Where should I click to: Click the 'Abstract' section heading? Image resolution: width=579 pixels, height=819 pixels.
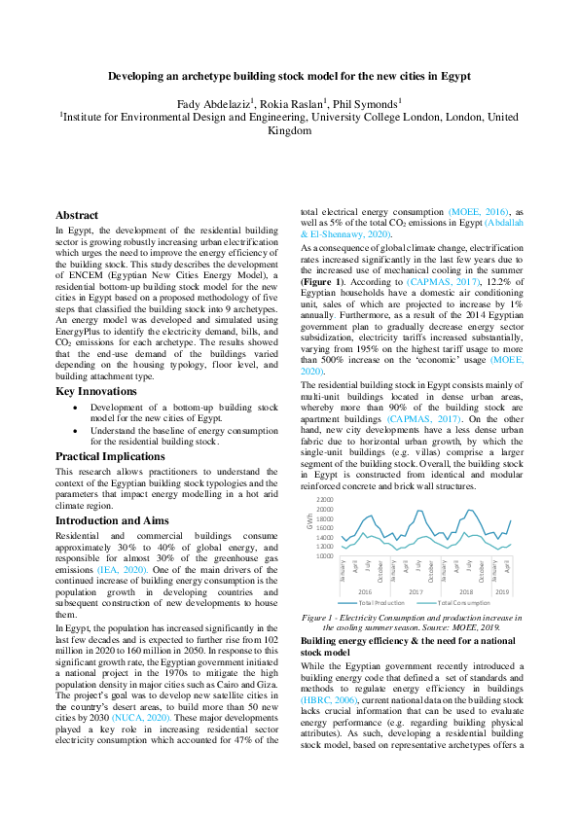77,215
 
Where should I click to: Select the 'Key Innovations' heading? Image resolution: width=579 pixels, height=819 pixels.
96,392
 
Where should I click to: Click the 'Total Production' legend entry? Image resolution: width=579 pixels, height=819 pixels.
380,602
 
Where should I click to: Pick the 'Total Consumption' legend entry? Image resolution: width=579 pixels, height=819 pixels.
457,602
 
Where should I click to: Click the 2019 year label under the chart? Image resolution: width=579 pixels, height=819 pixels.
503,591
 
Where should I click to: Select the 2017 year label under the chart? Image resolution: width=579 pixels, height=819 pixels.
416,591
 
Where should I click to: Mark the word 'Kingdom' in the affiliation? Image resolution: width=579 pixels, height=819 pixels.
289,130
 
